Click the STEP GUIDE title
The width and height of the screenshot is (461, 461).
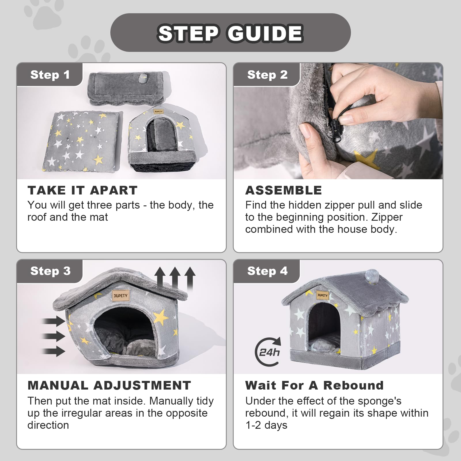click(x=231, y=33)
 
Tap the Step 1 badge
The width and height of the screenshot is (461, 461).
click(x=50, y=75)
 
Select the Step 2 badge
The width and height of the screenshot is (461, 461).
click(x=267, y=75)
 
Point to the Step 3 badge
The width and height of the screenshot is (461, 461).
click(x=50, y=271)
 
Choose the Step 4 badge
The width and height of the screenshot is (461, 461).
click(x=267, y=271)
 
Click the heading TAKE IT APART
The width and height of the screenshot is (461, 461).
click(x=82, y=190)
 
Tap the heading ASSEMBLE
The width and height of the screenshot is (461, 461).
click(x=284, y=190)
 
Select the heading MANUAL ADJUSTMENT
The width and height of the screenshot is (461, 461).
click(x=109, y=386)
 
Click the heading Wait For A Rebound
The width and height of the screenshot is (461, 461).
click(x=314, y=386)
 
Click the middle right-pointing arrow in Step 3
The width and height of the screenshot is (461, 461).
click(x=54, y=336)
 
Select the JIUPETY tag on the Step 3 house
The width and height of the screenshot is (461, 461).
click(x=120, y=296)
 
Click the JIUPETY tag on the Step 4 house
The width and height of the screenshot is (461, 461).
click(x=322, y=295)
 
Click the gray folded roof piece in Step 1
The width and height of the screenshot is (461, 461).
click(x=126, y=88)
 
